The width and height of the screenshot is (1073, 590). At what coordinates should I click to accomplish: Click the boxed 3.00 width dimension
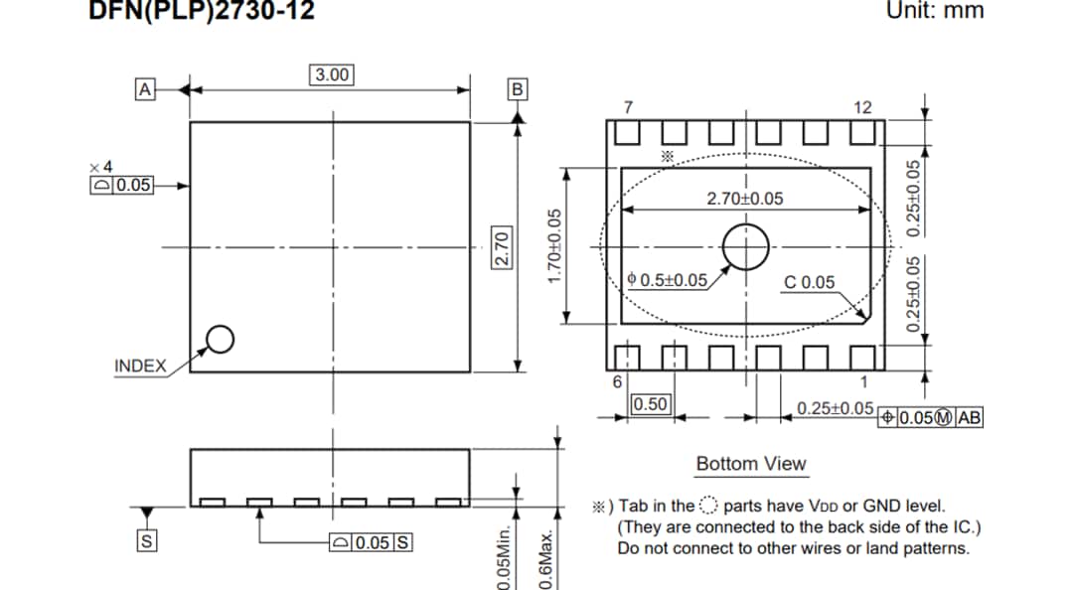pos(332,74)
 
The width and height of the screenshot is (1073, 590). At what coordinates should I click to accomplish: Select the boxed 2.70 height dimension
pos(502,246)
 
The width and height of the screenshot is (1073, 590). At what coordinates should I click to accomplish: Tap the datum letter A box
pos(145,89)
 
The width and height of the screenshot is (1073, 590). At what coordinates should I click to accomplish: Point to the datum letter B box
pos(517,89)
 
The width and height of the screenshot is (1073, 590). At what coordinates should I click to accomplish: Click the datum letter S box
pos(146,542)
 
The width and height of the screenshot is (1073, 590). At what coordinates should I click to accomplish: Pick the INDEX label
pos(140,366)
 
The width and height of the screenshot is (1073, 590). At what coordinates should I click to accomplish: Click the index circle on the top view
pos(220,340)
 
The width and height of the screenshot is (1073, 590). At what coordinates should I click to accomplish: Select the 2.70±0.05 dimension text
pos(744,199)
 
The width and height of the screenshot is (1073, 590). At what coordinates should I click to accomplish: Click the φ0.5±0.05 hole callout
pos(668,280)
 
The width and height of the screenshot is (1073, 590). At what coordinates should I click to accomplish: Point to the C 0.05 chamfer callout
pos(810,282)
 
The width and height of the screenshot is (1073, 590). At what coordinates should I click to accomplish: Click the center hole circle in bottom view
pos(745,246)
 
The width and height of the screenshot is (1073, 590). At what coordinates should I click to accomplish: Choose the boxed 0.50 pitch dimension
pos(651,404)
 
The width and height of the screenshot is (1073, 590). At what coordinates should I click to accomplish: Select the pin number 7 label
pos(627,107)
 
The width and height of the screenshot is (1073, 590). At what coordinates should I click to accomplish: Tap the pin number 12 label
pos(862,107)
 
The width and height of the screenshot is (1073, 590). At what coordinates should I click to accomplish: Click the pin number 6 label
pos(616,382)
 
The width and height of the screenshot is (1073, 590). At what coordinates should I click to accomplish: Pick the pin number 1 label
pos(863,382)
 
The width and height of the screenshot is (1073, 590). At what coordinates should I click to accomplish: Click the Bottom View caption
pos(751,464)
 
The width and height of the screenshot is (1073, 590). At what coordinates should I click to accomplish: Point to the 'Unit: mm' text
pos(934,11)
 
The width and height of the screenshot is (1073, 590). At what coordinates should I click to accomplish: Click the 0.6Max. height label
pos(545,561)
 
